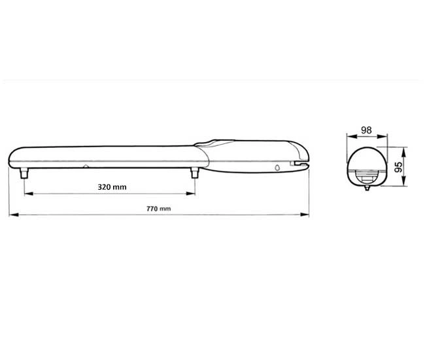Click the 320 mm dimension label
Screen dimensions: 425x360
point(112,187)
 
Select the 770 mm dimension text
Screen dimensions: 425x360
point(159,209)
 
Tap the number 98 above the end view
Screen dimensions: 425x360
point(366,130)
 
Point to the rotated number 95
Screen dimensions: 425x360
point(398,167)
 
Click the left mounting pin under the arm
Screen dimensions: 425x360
point(24,173)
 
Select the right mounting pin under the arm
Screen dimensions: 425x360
point(195,173)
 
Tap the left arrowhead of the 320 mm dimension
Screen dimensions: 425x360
point(29,194)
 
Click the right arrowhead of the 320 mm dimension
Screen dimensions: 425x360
point(191,194)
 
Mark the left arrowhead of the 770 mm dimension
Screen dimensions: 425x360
point(14,215)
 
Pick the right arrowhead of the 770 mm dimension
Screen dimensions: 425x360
point(305,215)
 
